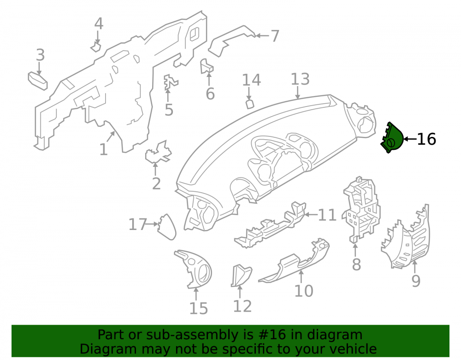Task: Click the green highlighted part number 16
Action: tap(392, 138)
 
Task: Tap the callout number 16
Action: tap(426, 139)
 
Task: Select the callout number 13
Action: tap(300, 79)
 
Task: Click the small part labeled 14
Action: tap(249, 104)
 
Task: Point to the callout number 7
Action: tap(275, 36)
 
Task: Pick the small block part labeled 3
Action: tap(38, 81)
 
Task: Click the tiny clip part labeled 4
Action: tap(96, 47)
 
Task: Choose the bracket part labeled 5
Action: tap(170, 82)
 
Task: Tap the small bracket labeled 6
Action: tap(207, 66)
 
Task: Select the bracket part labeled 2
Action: tap(158, 152)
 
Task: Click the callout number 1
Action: tap(103, 150)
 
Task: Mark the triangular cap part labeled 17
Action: tap(167, 227)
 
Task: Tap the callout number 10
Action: tap(304, 291)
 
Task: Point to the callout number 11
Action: tap(327, 215)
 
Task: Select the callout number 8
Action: tap(356, 265)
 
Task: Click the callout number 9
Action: tap(416, 281)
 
